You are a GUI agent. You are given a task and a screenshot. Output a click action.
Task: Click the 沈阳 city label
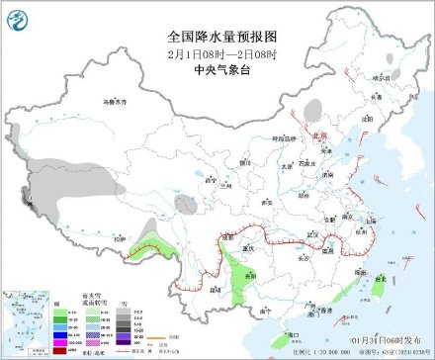click(x=369, y=118)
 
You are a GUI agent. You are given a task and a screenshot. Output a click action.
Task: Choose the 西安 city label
click(x=264, y=201)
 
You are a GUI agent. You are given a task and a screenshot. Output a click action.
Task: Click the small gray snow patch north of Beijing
click(x=313, y=107)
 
